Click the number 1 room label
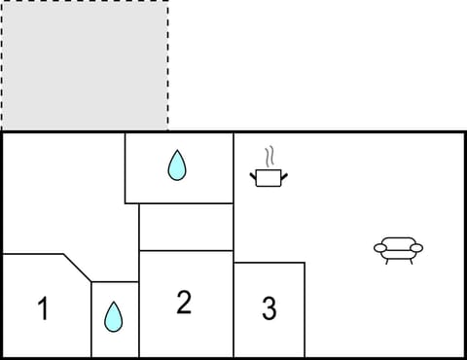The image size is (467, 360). coord(42,309)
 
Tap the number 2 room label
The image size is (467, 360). coord(184,303)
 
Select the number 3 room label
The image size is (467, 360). coord(269,309)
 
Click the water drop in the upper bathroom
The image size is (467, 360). coord(176,165)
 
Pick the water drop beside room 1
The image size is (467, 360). coord(114,316)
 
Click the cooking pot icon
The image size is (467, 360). coord(269,176)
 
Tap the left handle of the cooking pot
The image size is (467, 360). coord(254,173)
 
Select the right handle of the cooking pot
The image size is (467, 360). coord(286,173)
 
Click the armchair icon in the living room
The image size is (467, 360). coord(399,250)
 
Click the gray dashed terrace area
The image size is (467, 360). coord(84,65)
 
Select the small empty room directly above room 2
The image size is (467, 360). coord(186,227)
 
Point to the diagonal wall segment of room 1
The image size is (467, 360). coord(78,268)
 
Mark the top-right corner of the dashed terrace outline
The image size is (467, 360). coord(167,2)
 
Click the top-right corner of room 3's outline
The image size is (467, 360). coord(305,263)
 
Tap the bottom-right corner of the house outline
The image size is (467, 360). coord(464,357)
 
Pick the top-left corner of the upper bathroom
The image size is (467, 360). coord(126,133)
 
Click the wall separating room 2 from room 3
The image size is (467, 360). coord(234,309)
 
